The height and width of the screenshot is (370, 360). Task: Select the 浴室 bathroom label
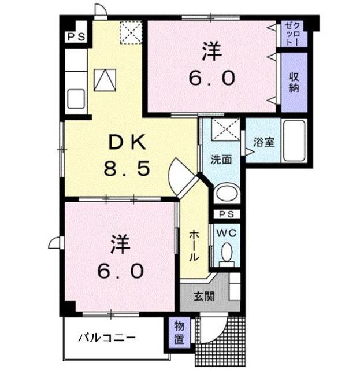tap(264, 142)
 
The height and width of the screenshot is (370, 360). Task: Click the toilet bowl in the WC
tap(227, 251)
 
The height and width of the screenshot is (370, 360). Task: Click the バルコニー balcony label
tap(107, 337)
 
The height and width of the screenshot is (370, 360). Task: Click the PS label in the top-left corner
tap(76, 37)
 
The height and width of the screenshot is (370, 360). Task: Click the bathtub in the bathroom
tap(295, 142)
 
